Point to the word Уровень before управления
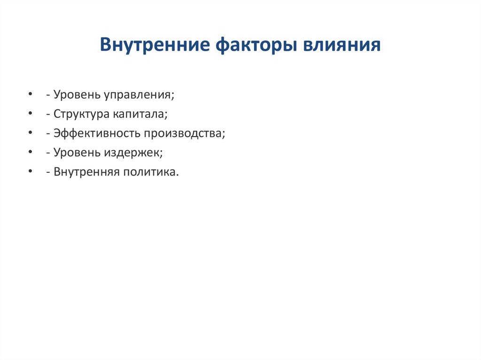[x=75, y=95]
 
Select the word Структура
[x=81, y=114]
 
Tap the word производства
[x=185, y=133]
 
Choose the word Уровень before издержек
[x=75, y=153]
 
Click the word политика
[x=151, y=172]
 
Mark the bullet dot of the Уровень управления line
[x=31, y=95]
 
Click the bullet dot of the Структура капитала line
[x=31, y=114]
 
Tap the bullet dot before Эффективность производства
[x=31, y=133]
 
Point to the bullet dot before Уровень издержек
[x=31, y=153]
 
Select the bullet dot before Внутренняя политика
[x=31, y=172]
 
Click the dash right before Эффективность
[x=48, y=134]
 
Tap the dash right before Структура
[x=48, y=115]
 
